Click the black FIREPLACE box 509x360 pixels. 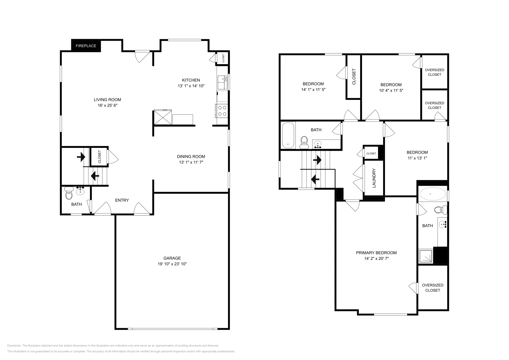86,46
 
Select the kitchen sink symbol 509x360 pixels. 222,83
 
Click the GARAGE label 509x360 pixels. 172,258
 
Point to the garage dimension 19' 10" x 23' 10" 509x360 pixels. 172,264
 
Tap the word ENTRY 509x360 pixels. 122,200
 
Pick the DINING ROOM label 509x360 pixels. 191,156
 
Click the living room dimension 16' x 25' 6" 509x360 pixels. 108,105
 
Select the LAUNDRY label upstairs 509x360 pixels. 374,178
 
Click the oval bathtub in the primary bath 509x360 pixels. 433,194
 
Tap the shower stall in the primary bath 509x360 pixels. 426,256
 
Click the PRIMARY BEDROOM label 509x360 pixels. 376,253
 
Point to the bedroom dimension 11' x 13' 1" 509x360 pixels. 417,158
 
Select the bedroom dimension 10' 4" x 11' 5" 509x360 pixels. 391,90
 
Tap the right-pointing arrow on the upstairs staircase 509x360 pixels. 317,160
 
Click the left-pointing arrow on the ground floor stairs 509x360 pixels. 94,176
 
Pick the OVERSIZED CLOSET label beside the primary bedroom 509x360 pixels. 432,287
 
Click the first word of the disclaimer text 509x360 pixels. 14,345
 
